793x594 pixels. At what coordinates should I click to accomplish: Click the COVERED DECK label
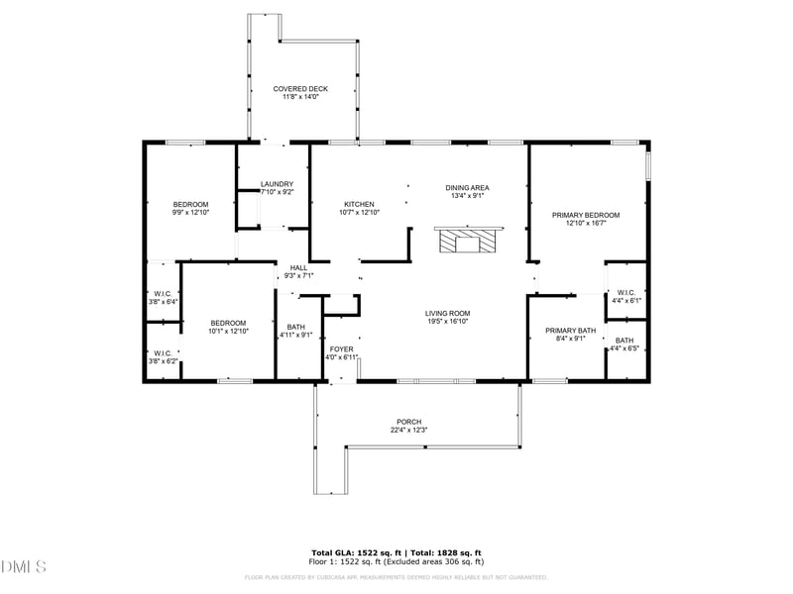pos(300,89)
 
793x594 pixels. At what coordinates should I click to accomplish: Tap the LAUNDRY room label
pos(277,184)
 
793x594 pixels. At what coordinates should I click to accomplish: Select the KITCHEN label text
pos(359,204)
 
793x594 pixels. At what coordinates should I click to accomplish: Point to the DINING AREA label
pos(467,188)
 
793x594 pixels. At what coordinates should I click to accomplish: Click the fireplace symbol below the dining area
pos(469,241)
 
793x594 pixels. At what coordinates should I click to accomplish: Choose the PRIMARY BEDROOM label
pos(586,215)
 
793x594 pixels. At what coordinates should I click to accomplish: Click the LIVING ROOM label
pos(447,314)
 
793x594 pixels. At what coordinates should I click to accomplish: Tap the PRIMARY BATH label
pos(571,331)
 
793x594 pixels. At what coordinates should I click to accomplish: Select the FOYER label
pos(341,349)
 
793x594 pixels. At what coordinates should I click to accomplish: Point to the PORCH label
pos(409,422)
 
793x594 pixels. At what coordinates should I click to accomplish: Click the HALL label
pos(298,268)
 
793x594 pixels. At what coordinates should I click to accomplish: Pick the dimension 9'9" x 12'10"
pos(191,212)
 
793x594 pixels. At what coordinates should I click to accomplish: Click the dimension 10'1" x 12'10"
pos(228,331)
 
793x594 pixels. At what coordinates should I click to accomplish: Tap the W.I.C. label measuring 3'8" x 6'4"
pos(164,294)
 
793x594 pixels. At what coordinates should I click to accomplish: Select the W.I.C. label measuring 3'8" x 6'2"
pos(163,353)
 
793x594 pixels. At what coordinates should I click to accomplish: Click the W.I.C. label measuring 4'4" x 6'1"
pos(625,293)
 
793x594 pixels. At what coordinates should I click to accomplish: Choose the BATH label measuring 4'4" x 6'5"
pos(624,341)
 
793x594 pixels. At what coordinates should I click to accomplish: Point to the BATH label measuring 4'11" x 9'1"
pos(296,328)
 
